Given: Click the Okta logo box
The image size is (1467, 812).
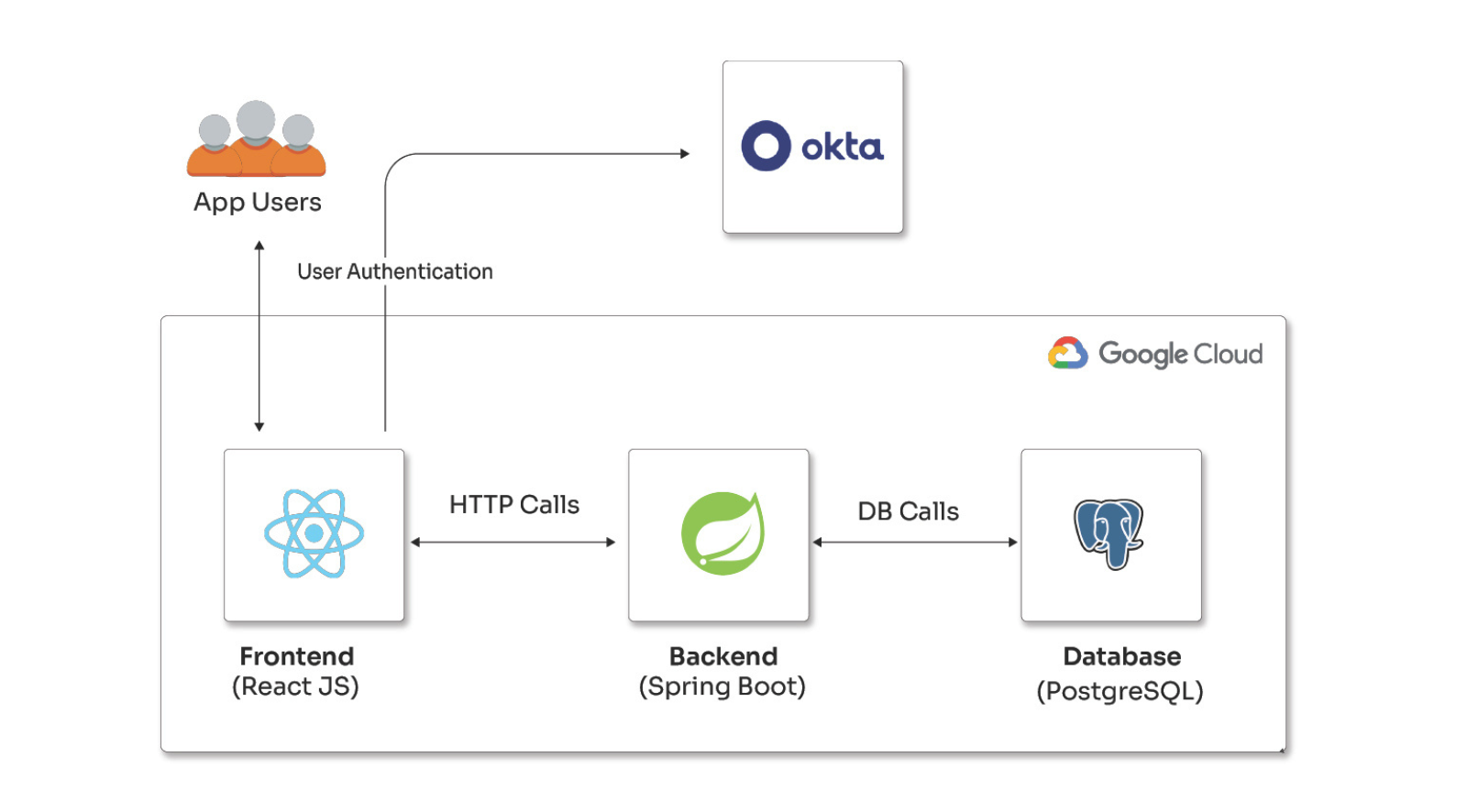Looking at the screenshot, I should click(812, 147).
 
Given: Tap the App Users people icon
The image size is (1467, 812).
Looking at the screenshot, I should click(256, 140).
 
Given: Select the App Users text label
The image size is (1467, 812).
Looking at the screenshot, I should click(258, 202).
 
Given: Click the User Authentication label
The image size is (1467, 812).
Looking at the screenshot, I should click(395, 271).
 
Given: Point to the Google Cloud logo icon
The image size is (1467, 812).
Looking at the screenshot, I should click(1067, 353).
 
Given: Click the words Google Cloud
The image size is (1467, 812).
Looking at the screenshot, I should click(1180, 354).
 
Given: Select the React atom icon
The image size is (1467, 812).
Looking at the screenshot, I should click(314, 533).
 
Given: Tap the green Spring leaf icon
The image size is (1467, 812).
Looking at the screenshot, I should click(722, 533).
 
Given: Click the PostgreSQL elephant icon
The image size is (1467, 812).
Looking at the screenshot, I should click(1109, 533).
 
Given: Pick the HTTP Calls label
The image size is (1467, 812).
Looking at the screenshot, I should click(514, 505).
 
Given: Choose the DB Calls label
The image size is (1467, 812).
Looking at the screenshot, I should click(908, 511).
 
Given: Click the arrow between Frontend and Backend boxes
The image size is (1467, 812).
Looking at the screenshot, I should click(513, 543).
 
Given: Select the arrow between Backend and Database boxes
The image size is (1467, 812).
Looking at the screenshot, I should click(915, 543).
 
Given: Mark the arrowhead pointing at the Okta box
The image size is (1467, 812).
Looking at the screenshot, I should click(684, 154).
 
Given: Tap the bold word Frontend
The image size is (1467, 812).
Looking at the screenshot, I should click(296, 656).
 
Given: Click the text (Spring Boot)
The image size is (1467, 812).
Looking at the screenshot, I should click(722, 686).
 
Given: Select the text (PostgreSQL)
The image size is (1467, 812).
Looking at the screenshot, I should click(1120, 691).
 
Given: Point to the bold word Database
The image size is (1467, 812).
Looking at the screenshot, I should click(1121, 656).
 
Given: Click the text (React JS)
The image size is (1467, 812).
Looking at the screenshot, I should click(295, 686).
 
